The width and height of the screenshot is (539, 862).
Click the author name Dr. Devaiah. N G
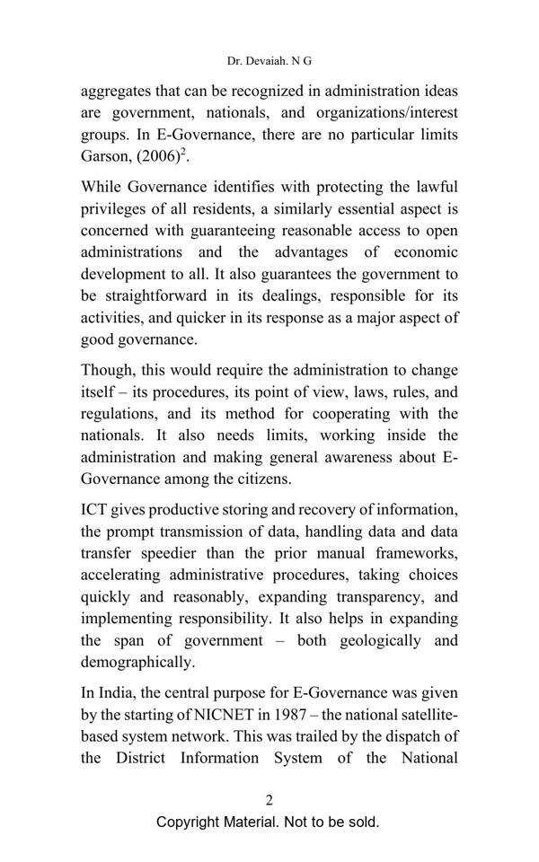click(269, 60)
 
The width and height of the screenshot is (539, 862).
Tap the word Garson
click(105, 156)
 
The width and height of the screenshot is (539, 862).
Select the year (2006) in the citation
click(157, 156)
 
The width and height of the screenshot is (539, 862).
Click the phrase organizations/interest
click(376, 112)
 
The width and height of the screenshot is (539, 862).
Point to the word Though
click(107, 370)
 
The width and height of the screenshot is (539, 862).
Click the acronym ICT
click(95, 510)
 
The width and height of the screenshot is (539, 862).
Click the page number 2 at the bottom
click(269, 800)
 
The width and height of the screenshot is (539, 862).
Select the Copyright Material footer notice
click(268, 822)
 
